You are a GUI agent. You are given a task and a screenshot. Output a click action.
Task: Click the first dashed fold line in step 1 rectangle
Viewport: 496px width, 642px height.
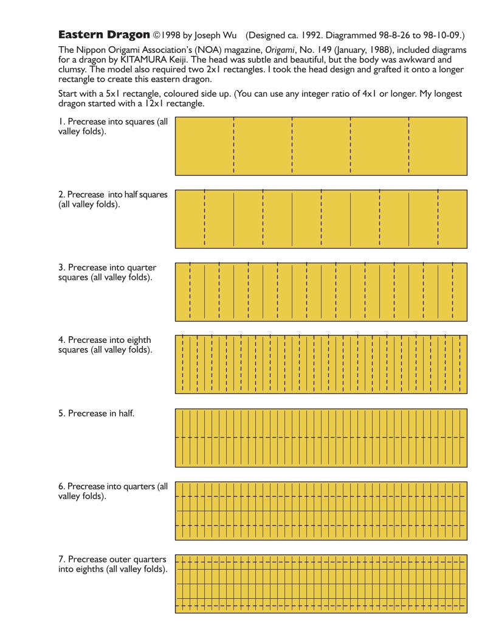233,146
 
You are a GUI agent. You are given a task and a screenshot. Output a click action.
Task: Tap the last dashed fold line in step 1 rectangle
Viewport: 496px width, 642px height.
409,146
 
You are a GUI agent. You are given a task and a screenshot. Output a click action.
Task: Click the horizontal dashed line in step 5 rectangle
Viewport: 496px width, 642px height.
321,438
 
